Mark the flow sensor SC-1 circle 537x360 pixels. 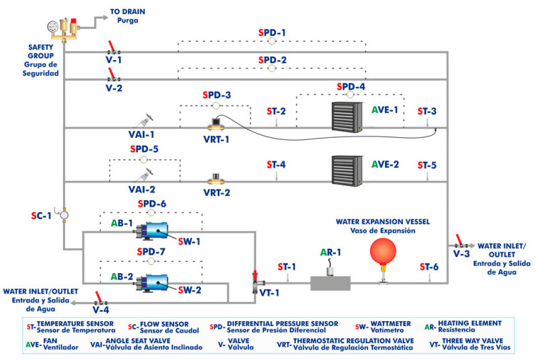(x=64, y=215)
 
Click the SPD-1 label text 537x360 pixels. (x=272, y=32)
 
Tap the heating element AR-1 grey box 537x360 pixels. (x=330, y=282)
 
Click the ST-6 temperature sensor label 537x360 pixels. (x=429, y=267)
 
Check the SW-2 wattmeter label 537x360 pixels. (x=189, y=290)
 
